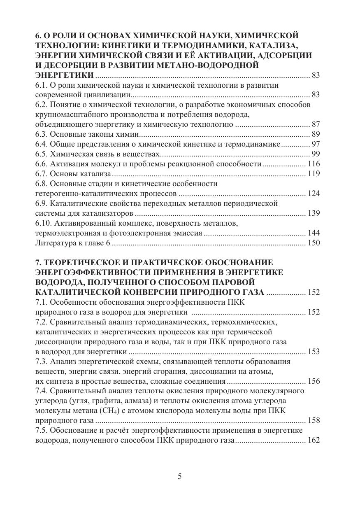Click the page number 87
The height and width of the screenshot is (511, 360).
[316, 124]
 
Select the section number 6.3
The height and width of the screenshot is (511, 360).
[42, 134]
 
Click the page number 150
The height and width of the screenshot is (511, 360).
[314, 243]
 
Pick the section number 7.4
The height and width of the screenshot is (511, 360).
[42, 391]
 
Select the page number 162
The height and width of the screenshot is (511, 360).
[314, 441]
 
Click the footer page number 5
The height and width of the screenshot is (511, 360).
[180, 476]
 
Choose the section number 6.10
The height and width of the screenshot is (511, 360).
[44, 223]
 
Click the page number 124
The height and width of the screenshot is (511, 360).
[314, 194]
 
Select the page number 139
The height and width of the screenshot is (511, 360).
[314, 213]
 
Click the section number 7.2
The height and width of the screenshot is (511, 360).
[42, 322]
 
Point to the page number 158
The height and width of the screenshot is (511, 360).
[314, 421]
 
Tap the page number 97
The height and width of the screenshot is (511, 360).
[316, 144]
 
